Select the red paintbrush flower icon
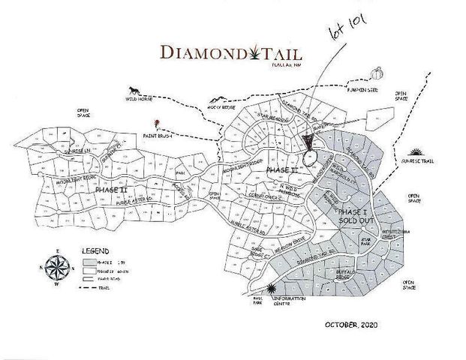156,122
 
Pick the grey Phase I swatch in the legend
88,260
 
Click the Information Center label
290,301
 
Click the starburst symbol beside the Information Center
271,288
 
